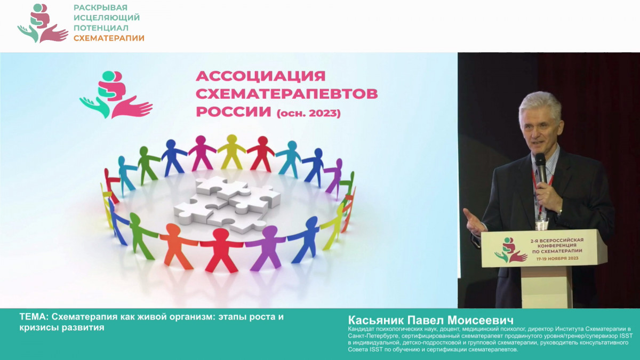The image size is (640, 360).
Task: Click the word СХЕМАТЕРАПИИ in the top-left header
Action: pyautogui.click(x=109, y=38)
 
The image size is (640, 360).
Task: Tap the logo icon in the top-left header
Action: pyautogui.click(x=42, y=23)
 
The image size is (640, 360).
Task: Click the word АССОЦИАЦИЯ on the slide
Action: pyautogui.click(x=261, y=76)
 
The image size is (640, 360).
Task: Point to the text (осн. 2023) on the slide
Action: pyautogui.click(x=308, y=114)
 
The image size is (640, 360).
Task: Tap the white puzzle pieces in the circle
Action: pyautogui.click(x=227, y=203)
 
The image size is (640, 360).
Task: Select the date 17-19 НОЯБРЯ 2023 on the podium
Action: pyautogui.click(x=559, y=259)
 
